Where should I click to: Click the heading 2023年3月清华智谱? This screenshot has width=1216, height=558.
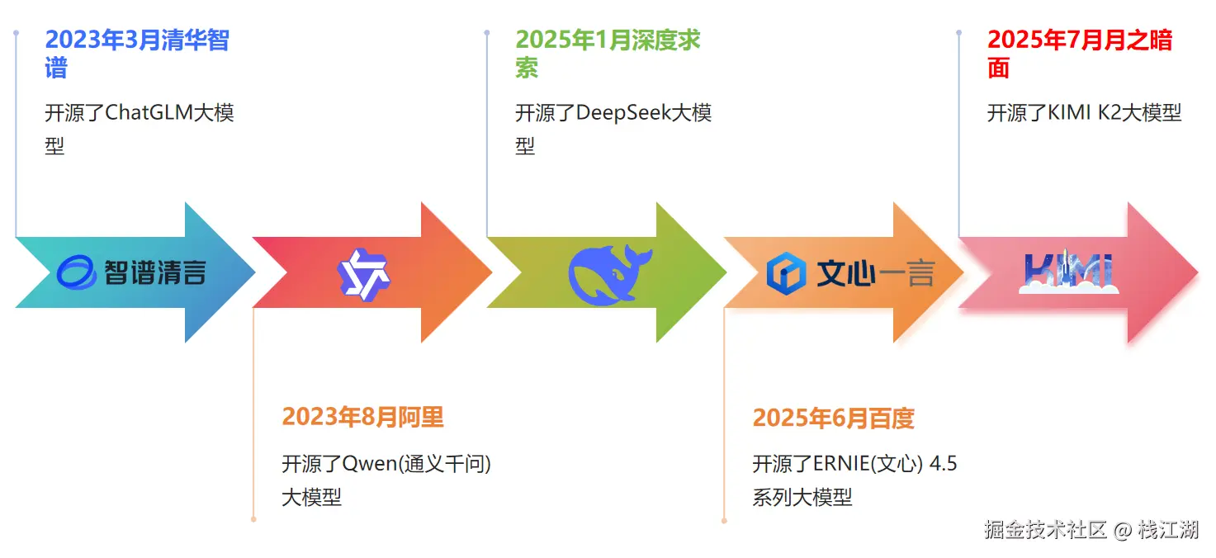point(136,40)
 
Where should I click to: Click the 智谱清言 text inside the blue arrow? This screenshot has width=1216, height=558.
point(154,272)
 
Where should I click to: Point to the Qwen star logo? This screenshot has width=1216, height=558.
point(364,272)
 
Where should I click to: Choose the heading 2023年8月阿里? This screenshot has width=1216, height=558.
point(362,417)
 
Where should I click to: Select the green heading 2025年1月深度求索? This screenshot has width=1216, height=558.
point(608,40)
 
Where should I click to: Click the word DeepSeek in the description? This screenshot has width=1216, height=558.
point(622,112)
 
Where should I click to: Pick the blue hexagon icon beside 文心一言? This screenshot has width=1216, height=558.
point(785,273)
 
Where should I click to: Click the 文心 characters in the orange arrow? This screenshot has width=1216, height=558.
point(846,273)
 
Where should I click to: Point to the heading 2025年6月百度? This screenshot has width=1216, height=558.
point(833,418)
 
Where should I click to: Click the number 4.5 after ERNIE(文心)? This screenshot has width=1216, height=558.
point(944,464)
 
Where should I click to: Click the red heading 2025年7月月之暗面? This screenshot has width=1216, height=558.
point(1079,40)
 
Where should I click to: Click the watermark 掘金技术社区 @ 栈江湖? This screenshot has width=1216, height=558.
point(1091,529)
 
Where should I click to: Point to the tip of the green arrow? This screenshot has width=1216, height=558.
point(725,272)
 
